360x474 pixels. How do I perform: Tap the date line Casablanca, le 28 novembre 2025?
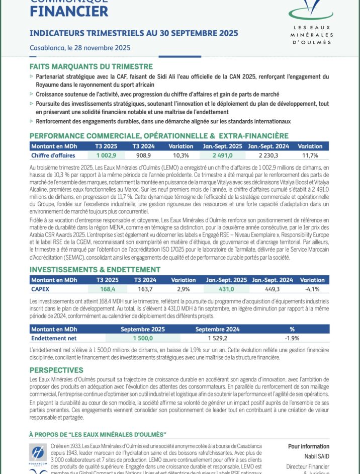click(x=80, y=48)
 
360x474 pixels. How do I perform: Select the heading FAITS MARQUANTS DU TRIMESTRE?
click(x=91, y=66)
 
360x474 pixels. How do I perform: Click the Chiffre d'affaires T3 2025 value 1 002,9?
click(x=106, y=155)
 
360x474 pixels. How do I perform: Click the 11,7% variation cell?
click(x=310, y=155)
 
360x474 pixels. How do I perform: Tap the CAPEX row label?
click(x=41, y=289)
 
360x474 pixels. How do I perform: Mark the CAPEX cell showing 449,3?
click(x=272, y=289)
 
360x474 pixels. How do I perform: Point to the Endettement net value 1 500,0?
click(x=142, y=338)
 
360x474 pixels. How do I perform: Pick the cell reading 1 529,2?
click(x=217, y=338)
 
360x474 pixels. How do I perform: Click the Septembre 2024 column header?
click(x=217, y=329)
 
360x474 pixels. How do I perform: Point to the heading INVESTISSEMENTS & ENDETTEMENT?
click(x=95, y=270)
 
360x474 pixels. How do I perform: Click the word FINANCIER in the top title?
click(x=69, y=11)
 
